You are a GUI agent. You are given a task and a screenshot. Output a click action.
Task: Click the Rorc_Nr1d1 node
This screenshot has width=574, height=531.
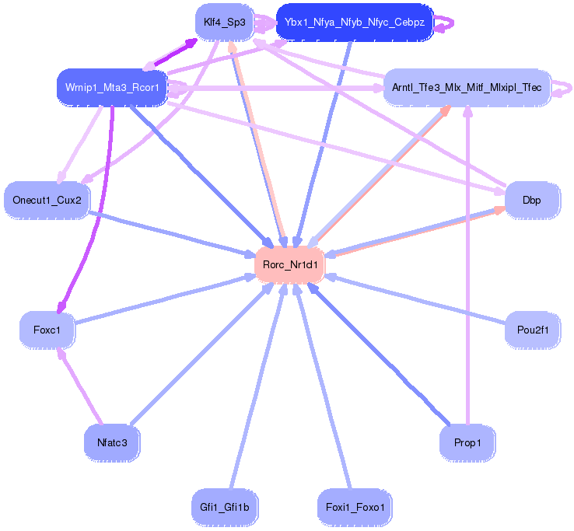click(290, 264)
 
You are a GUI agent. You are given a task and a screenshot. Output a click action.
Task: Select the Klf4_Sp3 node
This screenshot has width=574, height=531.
click(224, 23)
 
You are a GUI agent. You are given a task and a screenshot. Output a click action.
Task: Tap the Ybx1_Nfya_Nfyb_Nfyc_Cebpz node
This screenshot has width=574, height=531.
click(354, 23)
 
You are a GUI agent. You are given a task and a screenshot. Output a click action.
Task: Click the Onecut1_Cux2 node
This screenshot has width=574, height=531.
click(46, 200)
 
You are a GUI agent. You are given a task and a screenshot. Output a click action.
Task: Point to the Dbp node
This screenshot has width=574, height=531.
click(531, 200)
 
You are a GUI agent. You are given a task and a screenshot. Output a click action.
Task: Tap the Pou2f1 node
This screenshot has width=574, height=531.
click(533, 330)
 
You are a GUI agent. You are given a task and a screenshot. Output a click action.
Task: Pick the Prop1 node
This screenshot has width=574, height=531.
click(467, 442)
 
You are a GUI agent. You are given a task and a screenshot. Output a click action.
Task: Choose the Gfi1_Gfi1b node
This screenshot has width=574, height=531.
click(224, 507)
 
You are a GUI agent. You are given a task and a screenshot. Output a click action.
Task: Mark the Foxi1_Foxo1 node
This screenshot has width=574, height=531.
click(355, 507)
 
